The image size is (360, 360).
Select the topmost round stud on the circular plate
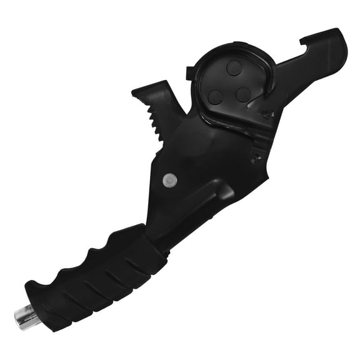pos(234,68)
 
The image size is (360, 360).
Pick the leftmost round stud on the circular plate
pos(216,96)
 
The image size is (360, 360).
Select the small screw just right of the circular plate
pos(269,115)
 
